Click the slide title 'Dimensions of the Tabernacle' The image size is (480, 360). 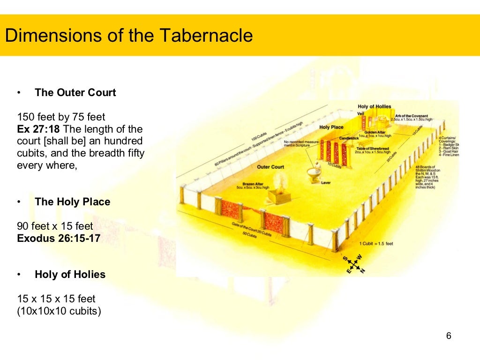129,36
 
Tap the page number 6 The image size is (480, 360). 449,336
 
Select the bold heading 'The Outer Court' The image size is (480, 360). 75,93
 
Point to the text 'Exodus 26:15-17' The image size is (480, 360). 59,238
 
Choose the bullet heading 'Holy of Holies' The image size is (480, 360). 70,275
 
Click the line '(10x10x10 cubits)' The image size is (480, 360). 59,311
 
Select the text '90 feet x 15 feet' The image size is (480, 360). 55,226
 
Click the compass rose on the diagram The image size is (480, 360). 353,264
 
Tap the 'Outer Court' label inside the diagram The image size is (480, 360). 270,167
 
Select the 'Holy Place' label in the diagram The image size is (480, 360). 331,127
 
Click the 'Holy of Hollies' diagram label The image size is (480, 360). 374,107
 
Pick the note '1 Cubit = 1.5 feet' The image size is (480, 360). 376,244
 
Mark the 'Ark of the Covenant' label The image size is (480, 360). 411,116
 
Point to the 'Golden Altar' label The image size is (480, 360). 375,132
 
